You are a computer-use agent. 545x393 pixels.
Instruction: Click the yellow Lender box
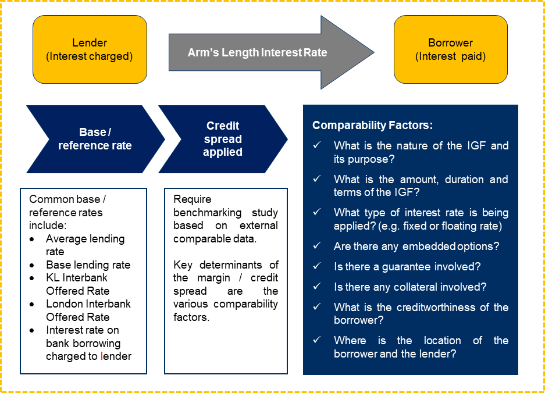coord(90,50)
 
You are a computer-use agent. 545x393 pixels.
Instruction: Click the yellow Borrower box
coord(450,50)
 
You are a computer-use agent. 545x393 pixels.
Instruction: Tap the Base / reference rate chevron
coord(95,139)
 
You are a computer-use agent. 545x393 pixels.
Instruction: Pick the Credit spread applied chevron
coord(222,139)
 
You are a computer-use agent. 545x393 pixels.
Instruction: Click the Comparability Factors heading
coord(372,125)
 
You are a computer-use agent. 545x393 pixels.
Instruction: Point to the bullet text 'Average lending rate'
coord(85,245)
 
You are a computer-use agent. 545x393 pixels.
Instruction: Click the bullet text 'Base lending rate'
coord(88,265)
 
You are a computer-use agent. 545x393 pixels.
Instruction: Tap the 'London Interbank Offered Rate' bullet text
coord(88,310)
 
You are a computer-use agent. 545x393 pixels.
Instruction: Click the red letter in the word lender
coord(102,356)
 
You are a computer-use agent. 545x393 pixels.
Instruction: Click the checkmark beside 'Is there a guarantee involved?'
coord(317,267)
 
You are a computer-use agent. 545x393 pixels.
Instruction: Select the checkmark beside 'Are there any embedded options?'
coord(317,246)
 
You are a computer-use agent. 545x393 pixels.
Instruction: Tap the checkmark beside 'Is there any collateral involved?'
coord(317,287)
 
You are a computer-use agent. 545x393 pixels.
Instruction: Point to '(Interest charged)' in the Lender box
coord(90,56)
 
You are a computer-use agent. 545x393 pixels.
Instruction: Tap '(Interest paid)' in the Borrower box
coord(450,56)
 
